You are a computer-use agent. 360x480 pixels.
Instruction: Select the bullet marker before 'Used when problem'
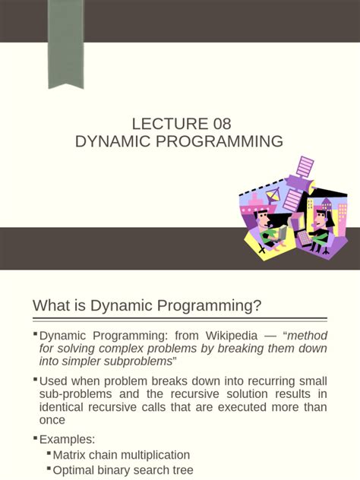(36, 379)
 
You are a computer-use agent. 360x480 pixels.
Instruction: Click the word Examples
(67, 439)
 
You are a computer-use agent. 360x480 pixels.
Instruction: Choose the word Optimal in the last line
(74, 470)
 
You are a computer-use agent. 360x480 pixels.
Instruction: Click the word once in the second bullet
(52, 421)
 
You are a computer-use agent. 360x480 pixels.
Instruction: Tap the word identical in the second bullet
(64, 407)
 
